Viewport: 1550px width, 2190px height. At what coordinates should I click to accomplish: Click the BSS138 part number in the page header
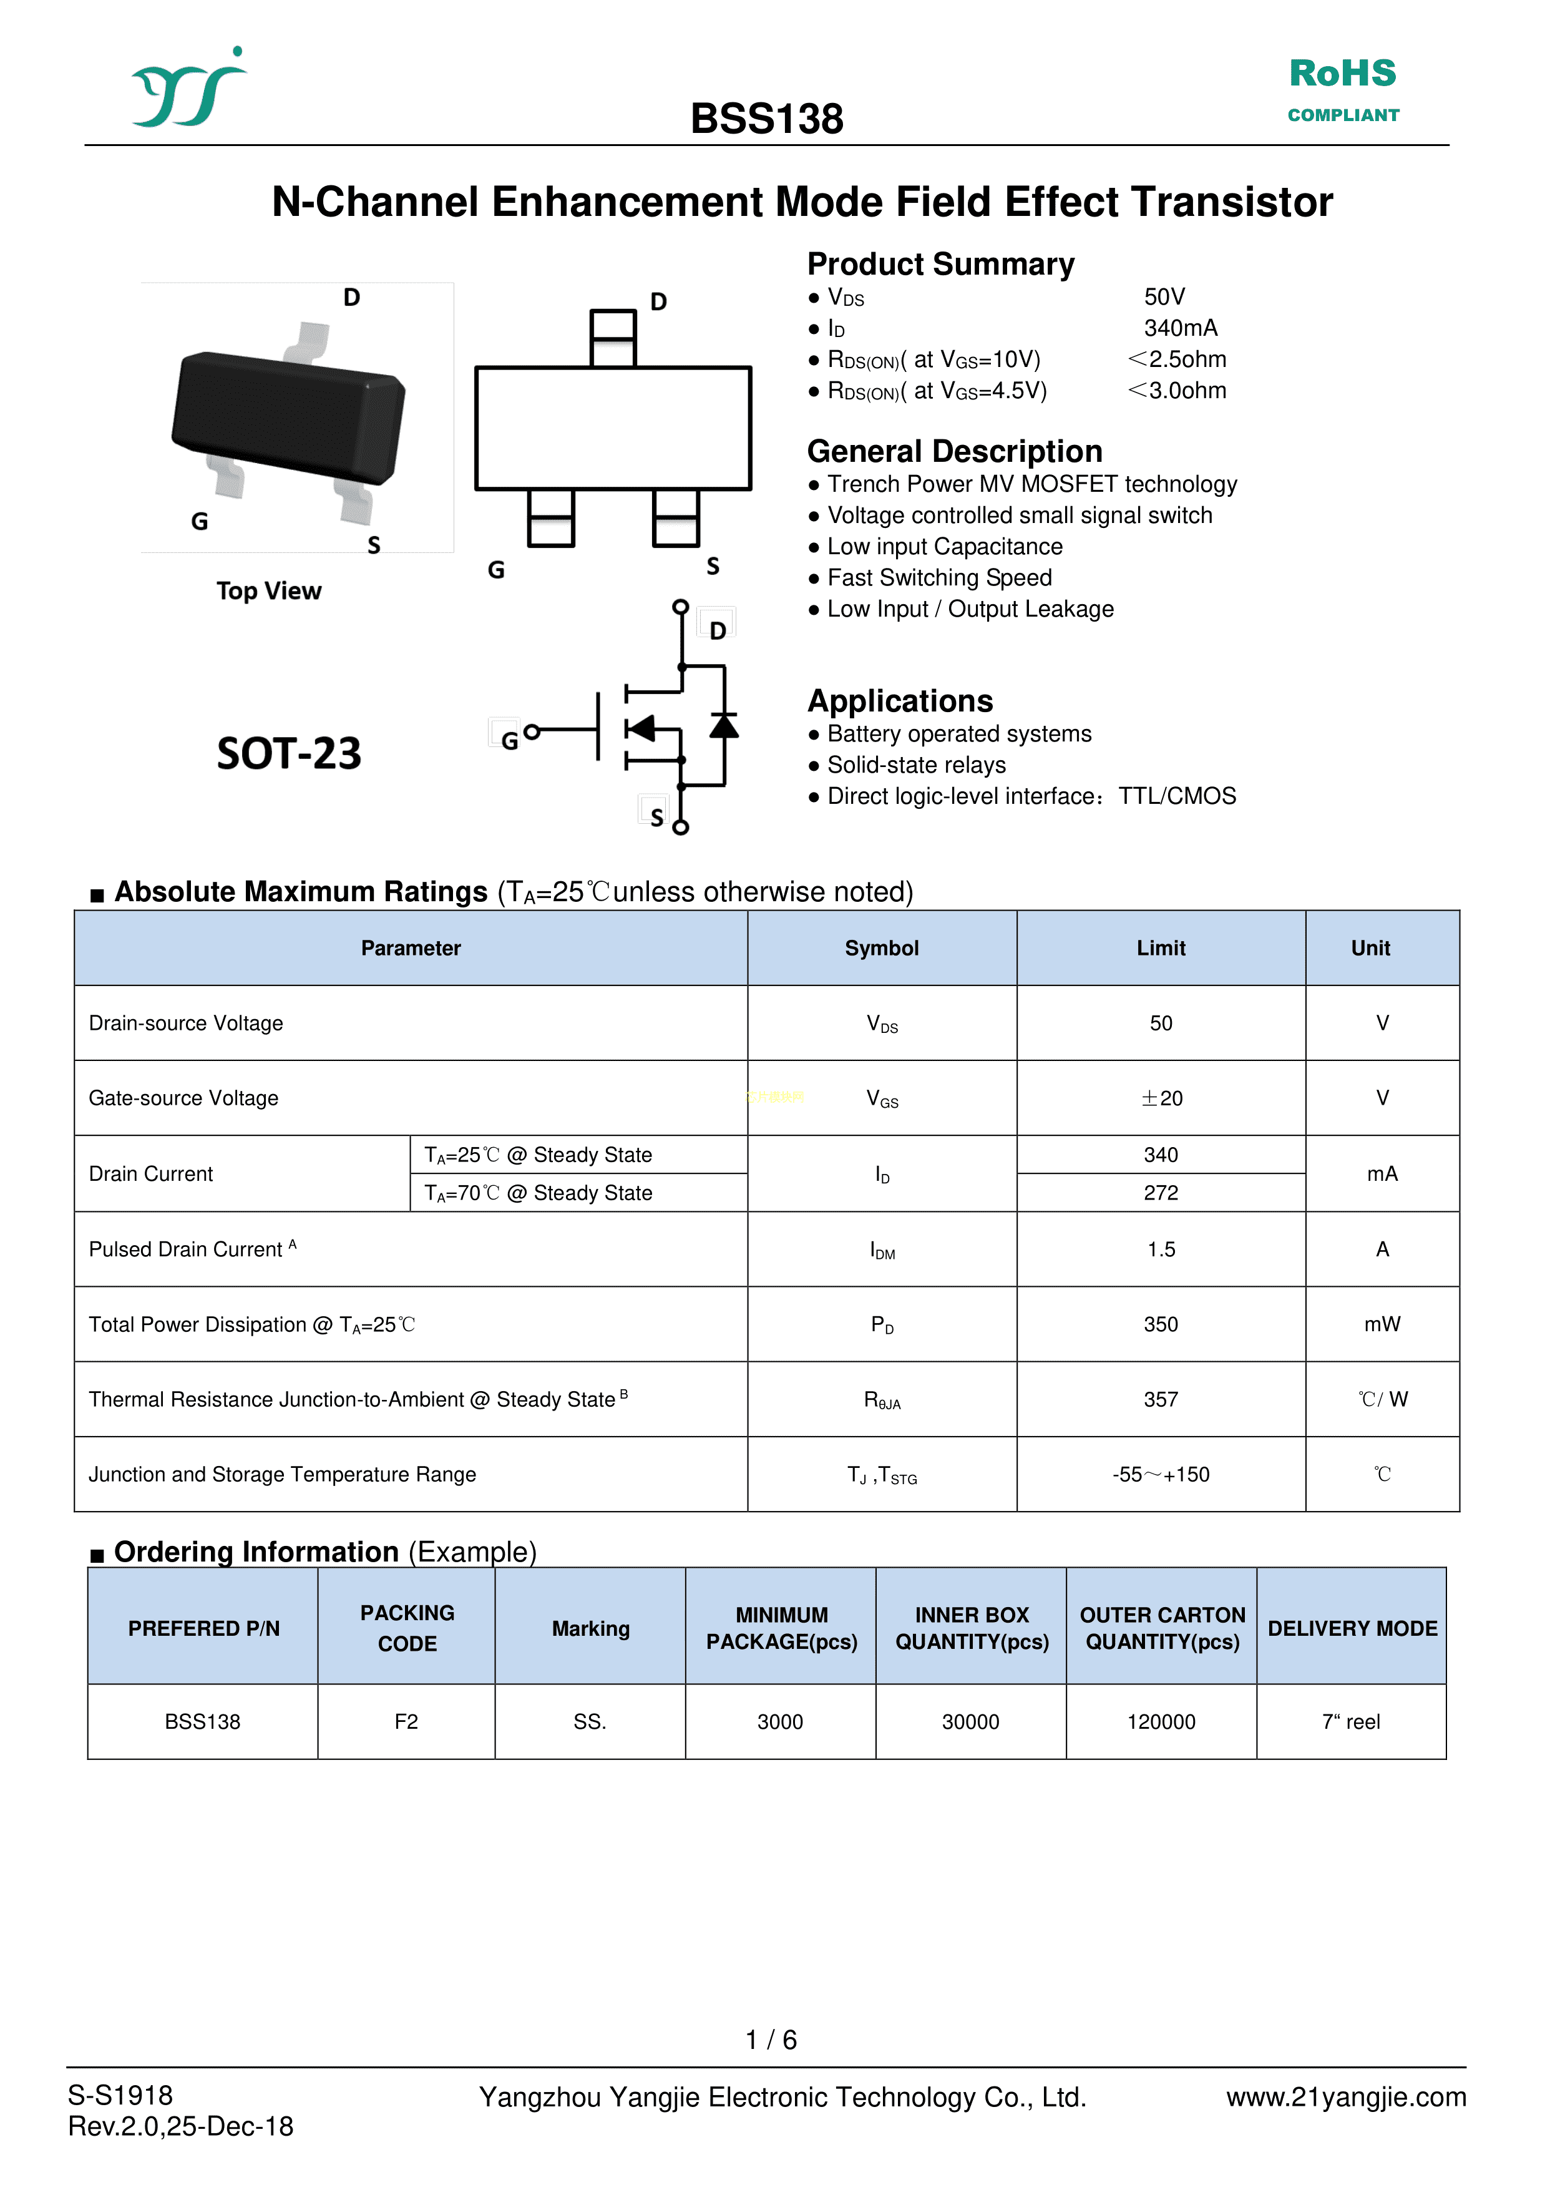(766, 119)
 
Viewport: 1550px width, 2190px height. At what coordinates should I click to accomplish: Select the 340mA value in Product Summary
(1181, 328)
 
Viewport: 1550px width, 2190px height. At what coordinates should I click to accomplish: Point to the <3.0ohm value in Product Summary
(1177, 391)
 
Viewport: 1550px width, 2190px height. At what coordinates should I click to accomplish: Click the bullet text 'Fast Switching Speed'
(939, 577)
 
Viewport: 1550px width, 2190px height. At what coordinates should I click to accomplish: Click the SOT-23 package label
(289, 753)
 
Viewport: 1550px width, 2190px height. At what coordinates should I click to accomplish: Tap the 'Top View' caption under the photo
(268, 591)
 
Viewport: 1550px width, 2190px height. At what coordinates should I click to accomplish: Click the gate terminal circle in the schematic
(532, 731)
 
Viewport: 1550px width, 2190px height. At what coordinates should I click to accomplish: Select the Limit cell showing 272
(1161, 1193)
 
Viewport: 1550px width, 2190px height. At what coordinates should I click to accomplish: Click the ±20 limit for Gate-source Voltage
(1161, 1098)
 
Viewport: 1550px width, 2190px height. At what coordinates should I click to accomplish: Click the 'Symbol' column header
(881, 948)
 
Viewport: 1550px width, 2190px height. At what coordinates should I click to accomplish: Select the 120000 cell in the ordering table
(1161, 1721)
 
